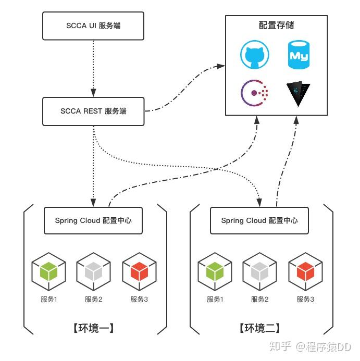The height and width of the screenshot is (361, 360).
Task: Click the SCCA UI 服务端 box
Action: click(93, 25)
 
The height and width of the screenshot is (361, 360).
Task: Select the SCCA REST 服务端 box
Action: click(93, 111)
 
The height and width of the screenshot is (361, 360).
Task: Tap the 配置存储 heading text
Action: click(276, 26)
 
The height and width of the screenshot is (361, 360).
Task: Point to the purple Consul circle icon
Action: click(254, 93)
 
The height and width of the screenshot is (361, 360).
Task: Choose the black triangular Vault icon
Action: click(299, 93)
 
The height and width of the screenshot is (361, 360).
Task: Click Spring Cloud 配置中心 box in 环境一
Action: click(93, 220)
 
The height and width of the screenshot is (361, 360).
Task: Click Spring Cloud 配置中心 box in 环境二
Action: click(259, 220)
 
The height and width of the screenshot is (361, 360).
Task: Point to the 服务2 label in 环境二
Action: click(260, 300)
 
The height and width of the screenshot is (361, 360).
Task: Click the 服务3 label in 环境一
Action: click(139, 300)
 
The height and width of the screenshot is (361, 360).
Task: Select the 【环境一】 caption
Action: click(93, 329)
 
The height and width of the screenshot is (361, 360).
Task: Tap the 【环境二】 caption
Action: click(259, 329)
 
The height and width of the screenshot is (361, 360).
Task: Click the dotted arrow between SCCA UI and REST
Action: click(93, 68)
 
